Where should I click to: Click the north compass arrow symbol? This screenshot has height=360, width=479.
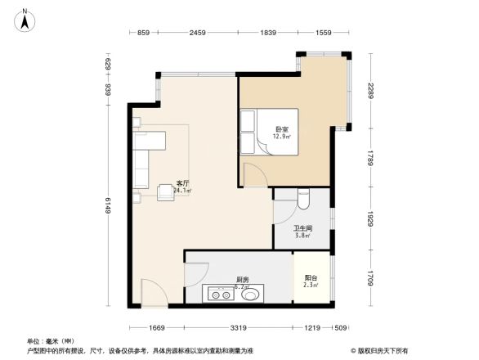pyautogui.click(x=26, y=18)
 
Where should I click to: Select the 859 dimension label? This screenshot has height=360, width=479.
pyautogui.click(x=143, y=33)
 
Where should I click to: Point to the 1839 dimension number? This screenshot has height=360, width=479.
pyautogui.click(x=267, y=33)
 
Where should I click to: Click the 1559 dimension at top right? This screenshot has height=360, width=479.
pyautogui.click(x=324, y=33)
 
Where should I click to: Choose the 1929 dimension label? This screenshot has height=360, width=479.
pyautogui.click(x=370, y=218)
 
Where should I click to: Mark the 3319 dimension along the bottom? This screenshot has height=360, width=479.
pyautogui.click(x=238, y=328)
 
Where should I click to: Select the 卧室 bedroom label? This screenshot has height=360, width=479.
pyautogui.click(x=281, y=129)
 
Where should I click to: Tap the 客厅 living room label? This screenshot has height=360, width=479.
pyautogui.click(x=183, y=182)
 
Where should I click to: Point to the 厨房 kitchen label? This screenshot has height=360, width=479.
pyautogui.click(x=242, y=279)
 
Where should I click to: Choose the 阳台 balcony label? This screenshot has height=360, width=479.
pyautogui.click(x=311, y=277)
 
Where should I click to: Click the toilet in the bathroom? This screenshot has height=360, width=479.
pyautogui.click(x=303, y=198)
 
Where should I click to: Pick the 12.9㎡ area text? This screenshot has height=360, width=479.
pyautogui.click(x=283, y=137)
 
